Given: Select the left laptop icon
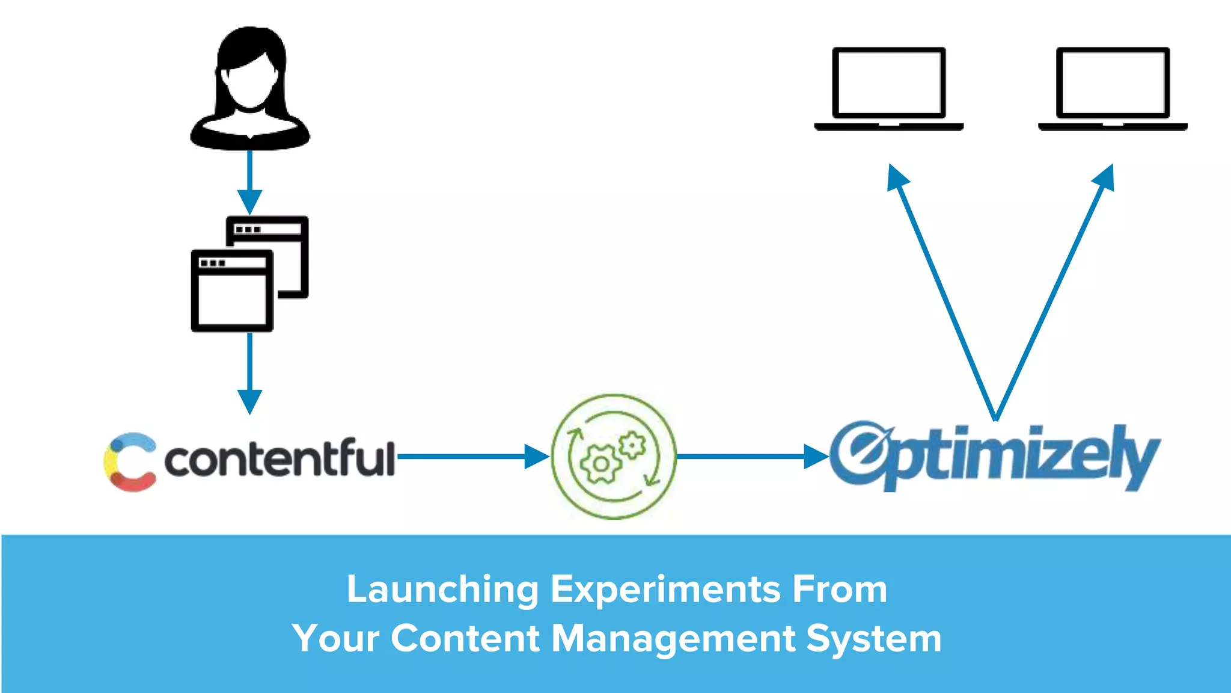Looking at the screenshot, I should (x=888, y=88).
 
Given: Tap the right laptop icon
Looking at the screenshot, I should (x=1113, y=88).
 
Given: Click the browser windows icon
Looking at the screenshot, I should (x=249, y=274).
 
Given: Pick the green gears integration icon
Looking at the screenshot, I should (x=614, y=457).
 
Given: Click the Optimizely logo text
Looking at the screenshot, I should (x=995, y=455).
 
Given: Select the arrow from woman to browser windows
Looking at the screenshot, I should (x=249, y=180).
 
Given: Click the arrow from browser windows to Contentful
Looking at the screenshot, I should (x=249, y=373).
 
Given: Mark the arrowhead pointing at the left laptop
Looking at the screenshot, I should (x=897, y=177).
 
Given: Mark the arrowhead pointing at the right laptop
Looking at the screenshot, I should (x=1105, y=177).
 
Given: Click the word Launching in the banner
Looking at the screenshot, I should (x=442, y=589).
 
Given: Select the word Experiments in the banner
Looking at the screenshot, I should (x=666, y=589).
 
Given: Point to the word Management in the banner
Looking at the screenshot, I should (x=673, y=638).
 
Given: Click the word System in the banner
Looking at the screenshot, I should (x=873, y=638).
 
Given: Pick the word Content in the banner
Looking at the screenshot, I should (x=465, y=638).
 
